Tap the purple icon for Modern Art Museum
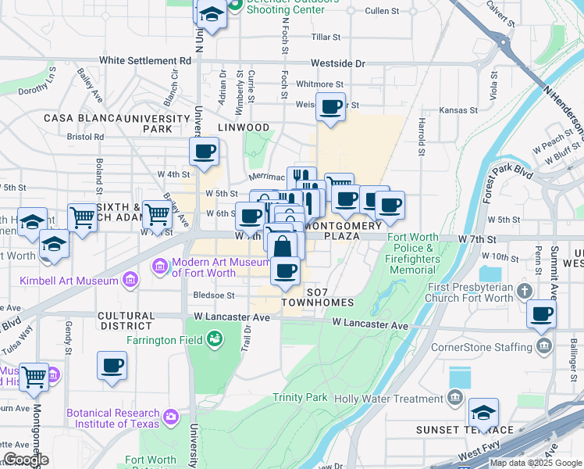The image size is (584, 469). point(161,267)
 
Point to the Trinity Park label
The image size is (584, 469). point(300,398)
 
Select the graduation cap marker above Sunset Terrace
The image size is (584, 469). point(483,411)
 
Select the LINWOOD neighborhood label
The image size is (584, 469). point(243,127)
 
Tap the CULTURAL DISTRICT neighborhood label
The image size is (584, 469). point(126,320)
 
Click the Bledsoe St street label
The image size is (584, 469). point(214,295)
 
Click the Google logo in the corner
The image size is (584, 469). point(26,460)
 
